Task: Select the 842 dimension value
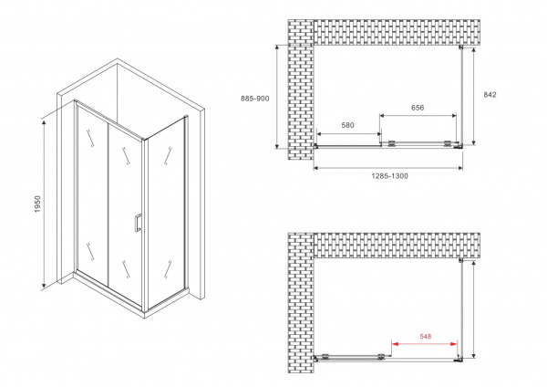click(x=490, y=94)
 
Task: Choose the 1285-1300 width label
click(x=388, y=176)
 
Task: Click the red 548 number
click(x=425, y=336)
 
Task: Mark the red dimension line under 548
click(x=425, y=344)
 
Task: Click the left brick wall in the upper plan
click(x=299, y=91)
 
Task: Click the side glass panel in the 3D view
click(x=168, y=205)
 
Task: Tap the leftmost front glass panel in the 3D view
click(x=92, y=192)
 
